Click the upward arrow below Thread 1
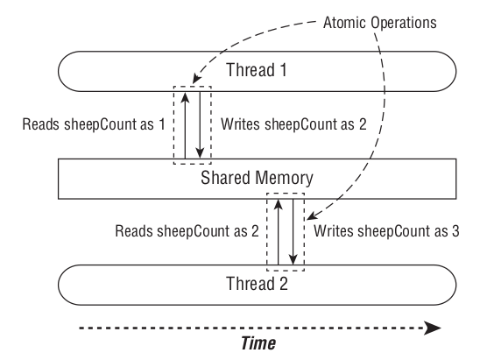pos(186,123)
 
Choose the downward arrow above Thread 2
pos(293,231)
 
